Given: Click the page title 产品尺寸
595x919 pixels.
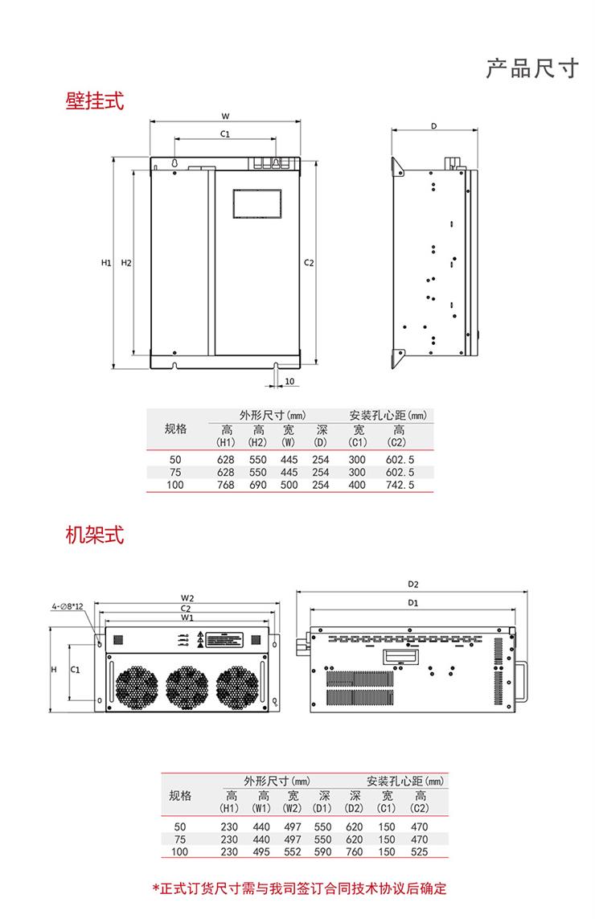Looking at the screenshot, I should [x=532, y=68].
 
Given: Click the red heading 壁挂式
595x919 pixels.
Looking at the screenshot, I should [x=95, y=101].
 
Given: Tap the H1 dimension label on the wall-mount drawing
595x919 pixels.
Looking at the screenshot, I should [x=105, y=263].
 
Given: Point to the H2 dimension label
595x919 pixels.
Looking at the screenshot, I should [x=125, y=263].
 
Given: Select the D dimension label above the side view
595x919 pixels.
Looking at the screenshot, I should [x=433, y=126].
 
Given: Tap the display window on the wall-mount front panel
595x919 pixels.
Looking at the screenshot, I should [x=257, y=203].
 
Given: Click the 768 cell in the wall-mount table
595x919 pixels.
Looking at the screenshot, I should [x=226, y=485].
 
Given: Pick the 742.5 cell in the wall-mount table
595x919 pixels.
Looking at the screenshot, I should [x=400, y=485].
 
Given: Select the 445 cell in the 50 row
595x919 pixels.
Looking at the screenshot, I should [x=289, y=459].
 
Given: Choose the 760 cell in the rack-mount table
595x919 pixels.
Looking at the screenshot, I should [x=354, y=851].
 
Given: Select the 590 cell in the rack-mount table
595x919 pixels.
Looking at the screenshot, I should [x=322, y=851].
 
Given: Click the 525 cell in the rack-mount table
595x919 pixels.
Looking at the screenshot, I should [x=419, y=851].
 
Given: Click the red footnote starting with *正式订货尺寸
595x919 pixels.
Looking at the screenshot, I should [x=299, y=888].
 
